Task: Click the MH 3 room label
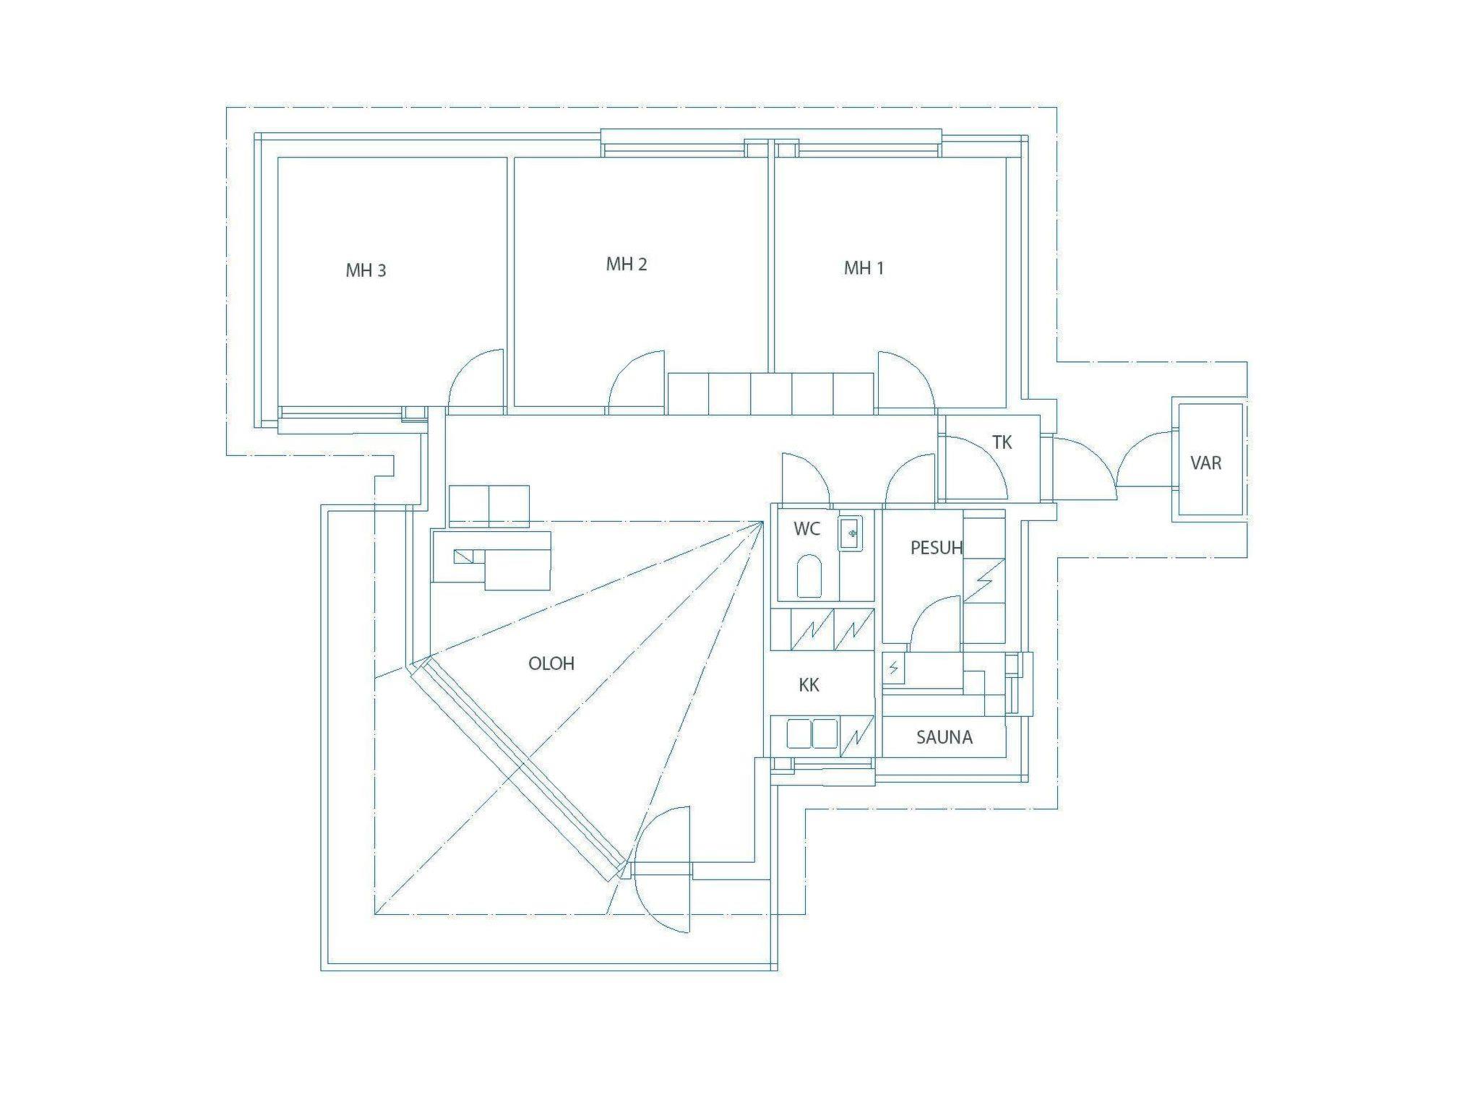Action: pyautogui.click(x=366, y=271)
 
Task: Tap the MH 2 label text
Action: pyautogui.click(x=627, y=264)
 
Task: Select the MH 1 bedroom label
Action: pyautogui.click(x=864, y=268)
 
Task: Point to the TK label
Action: pyautogui.click(x=1002, y=442)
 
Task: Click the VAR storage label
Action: pyautogui.click(x=1205, y=462)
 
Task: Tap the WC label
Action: pyautogui.click(x=807, y=529)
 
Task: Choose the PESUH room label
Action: pyautogui.click(x=937, y=548)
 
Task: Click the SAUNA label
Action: pyautogui.click(x=944, y=737)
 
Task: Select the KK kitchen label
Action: pyautogui.click(x=809, y=685)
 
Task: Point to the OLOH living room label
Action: pyautogui.click(x=551, y=663)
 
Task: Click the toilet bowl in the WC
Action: pyautogui.click(x=809, y=576)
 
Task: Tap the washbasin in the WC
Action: pyautogui.click(x=851, y=533)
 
